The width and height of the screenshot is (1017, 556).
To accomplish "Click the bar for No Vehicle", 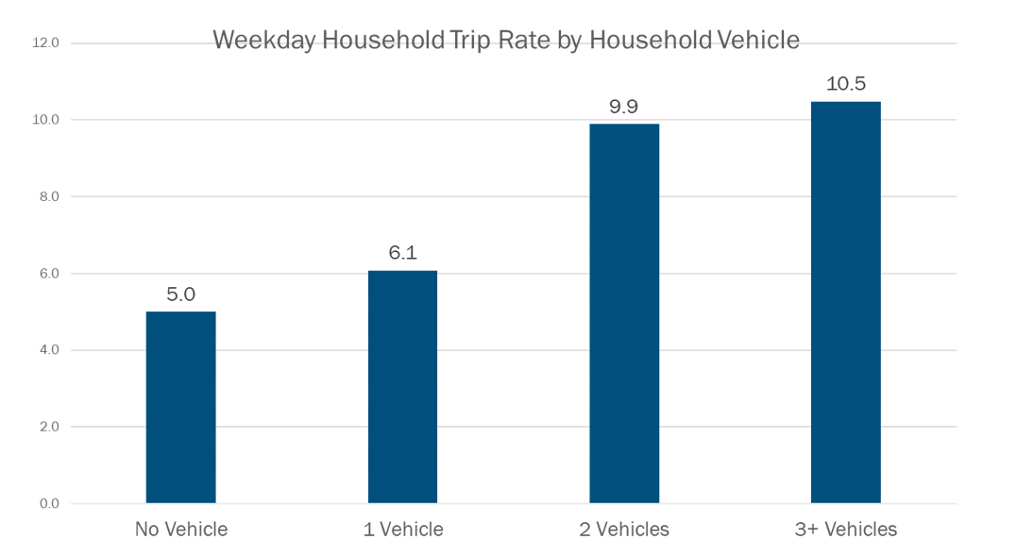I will coord(180,407).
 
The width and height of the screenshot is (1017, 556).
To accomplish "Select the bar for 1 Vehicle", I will coord(402,387).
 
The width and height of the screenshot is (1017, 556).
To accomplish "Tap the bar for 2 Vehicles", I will coord(624,313).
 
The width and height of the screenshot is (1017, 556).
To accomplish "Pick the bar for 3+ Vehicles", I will coord(845,302).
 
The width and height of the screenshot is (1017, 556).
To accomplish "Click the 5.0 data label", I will coord(180,295).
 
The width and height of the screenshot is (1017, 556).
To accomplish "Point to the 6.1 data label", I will coord(402,253).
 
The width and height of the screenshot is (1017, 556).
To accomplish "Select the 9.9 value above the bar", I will coord(624,107).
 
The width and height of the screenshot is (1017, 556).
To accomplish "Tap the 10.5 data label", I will coord(845,84).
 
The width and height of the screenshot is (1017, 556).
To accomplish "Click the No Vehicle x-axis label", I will coord(181,530).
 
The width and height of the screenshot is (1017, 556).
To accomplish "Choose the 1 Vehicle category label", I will coord(402,530).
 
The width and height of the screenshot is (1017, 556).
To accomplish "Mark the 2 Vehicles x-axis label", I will coord(624,530).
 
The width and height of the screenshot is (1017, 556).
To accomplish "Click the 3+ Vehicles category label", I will coord(845,530).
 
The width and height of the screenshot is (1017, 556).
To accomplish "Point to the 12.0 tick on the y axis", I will coord(46,43).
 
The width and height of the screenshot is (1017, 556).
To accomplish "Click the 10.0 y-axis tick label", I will coord(46,120).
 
